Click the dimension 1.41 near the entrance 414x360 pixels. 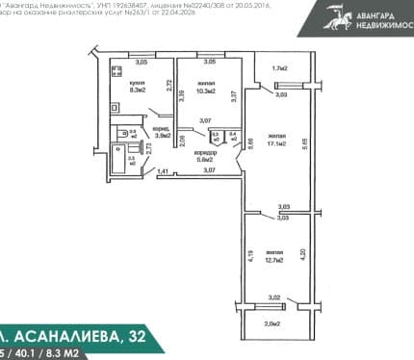point(164,171)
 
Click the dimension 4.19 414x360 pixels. point(249,256)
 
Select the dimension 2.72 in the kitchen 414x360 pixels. point(168,84)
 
